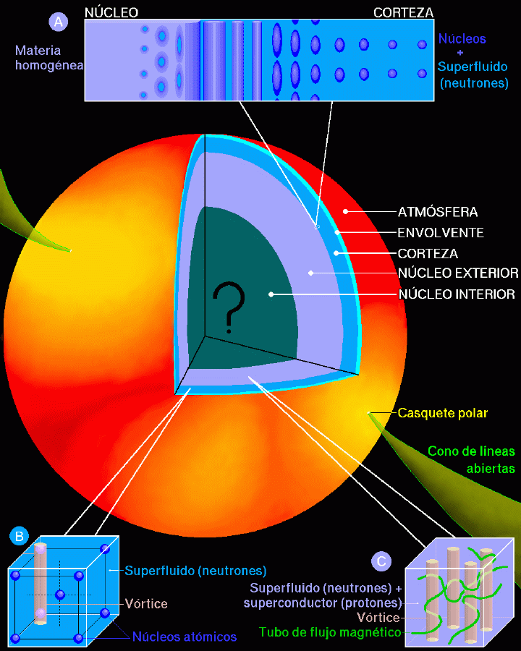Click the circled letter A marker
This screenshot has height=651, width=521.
pos(58,22)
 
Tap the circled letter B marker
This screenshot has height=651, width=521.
pos(19,536)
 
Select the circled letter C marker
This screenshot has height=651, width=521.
pos(381,561)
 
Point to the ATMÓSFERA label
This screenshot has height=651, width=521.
pos(438,212)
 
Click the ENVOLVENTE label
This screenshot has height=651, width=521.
pos(441,232)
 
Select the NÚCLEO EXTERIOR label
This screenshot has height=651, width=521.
pos(458,273)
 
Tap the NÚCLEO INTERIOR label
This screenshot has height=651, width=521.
pos(457,294)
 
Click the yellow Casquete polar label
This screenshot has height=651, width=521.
pos(442,413)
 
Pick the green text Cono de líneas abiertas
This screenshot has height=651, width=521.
pos(472,459)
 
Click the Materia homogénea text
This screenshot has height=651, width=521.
pos(49,58)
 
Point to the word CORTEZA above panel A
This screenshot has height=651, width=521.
pos(404,12)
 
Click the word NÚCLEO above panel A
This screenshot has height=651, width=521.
pos(111,12)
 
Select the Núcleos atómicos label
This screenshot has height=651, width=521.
pos(185,637)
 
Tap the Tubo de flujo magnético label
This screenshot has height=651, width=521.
pos(330,632)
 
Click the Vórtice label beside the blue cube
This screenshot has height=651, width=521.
pos(146,603)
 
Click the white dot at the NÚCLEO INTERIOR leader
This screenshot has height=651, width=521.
pos(271,294)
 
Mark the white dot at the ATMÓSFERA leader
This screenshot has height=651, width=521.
pos(345,212)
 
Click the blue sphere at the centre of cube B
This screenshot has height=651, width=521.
pos(60,595)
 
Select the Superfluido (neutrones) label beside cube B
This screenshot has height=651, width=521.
pos(195,571)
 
